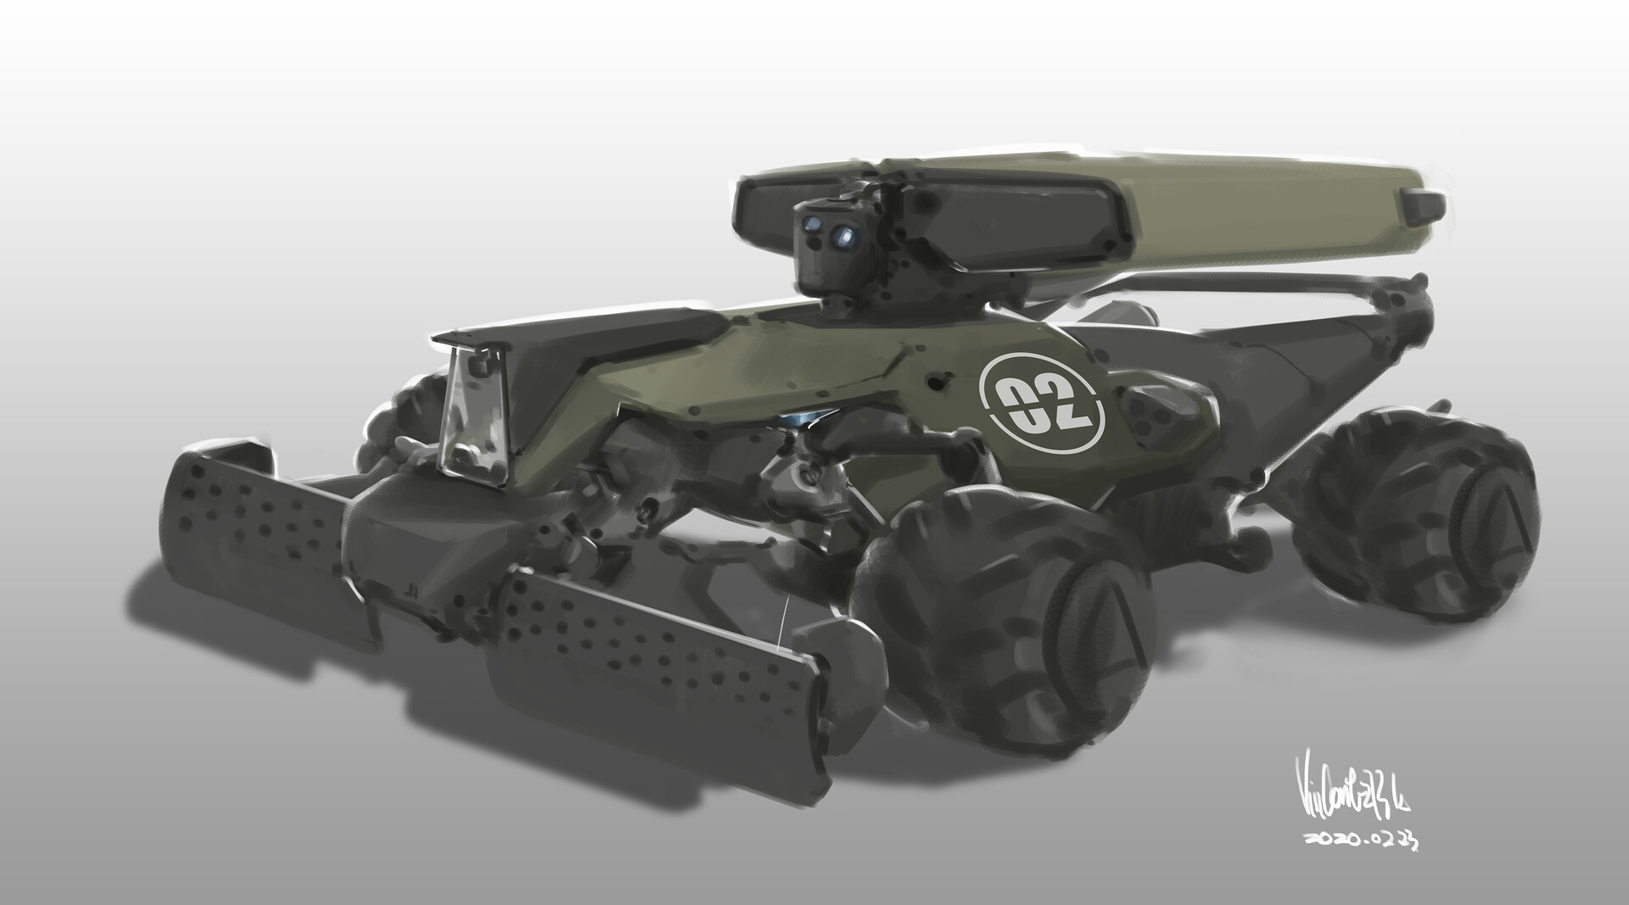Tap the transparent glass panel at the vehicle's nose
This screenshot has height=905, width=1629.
click(474, 420)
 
